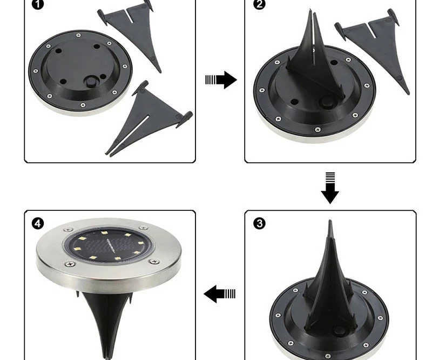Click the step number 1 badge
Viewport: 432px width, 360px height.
tap(38, 4)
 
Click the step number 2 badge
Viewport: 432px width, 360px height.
tap(259, 4)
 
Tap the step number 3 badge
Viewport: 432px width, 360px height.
tap(260, 223)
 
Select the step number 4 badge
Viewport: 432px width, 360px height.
tap(38, 223)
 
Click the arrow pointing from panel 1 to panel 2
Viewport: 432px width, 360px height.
tap(221, 80)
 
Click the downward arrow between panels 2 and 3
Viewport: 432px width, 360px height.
tap(330, 188)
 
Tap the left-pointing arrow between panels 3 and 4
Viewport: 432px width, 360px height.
tap(220, 294)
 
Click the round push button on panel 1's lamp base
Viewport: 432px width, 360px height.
tap(91, 82)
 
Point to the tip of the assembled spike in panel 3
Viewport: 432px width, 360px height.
tap(330, 221)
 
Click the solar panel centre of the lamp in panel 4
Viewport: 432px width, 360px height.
tap(109, 245)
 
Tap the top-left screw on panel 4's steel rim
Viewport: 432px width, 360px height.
tap(68, 230)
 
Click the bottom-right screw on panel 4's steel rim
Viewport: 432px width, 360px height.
tap(154, 262)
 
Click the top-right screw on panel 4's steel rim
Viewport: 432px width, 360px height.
tap(143, 228)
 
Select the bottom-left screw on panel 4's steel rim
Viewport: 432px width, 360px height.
tap(71, 264)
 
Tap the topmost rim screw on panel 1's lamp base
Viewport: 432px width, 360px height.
tap(78, 35)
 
